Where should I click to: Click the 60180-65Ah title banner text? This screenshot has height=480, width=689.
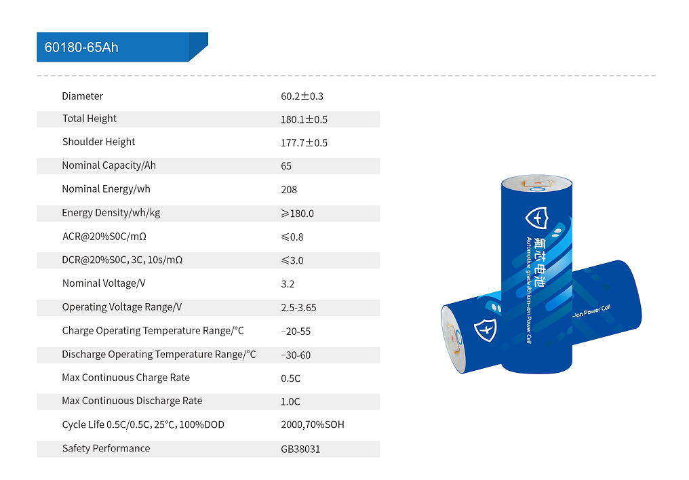tap(81, 47)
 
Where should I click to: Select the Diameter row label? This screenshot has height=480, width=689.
tap(82, 96)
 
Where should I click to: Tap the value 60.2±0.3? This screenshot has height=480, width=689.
tap(302, 96)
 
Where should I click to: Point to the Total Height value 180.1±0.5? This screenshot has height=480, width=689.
tap(304, 119)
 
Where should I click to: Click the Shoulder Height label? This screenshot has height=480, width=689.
tap(98, 142)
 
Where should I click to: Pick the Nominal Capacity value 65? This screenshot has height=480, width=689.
tap(286, 166)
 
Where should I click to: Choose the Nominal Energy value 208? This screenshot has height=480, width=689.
tap(289, 190)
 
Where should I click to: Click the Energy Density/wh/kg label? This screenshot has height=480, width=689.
tap(111, 213)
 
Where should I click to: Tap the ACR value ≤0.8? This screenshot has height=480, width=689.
tap(292, 237)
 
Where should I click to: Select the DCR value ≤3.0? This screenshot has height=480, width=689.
tap(292, 260)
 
